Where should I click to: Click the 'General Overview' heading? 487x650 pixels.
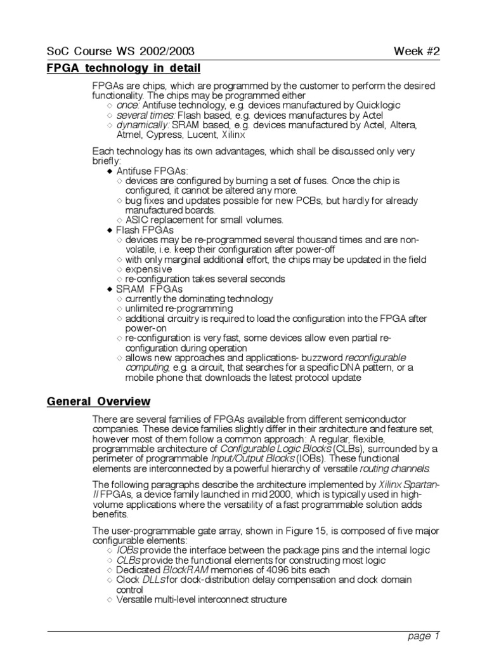pyautogui.click(x=98, y=402)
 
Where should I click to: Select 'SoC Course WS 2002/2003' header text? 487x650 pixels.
pyautogui.click(x=120, y=51)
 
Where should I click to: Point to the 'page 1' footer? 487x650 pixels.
pyautogui.click(x=423, y=635)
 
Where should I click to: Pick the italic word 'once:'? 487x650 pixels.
pyautogui.click(x=129, y=105)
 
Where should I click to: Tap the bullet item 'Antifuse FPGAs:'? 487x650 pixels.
pyautogui.click(x=152, y=171)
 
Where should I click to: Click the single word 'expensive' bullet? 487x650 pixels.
pyautogui.click(x=149, y=269)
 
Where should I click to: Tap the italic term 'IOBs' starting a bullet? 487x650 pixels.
pyautogui.click(x=129, y=550)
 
